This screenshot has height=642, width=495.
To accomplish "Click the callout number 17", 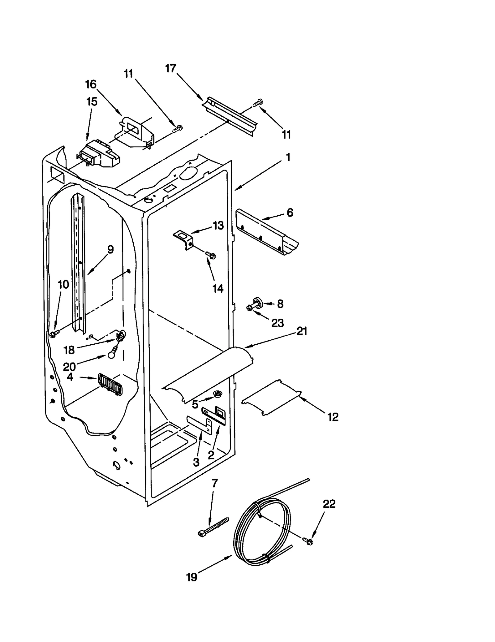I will pos(170,68).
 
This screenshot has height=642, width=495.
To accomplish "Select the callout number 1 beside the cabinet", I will pos(288,157).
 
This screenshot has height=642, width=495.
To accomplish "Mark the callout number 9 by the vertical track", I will pos(110,249).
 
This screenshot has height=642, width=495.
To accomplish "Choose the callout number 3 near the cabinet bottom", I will pos(196,462).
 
